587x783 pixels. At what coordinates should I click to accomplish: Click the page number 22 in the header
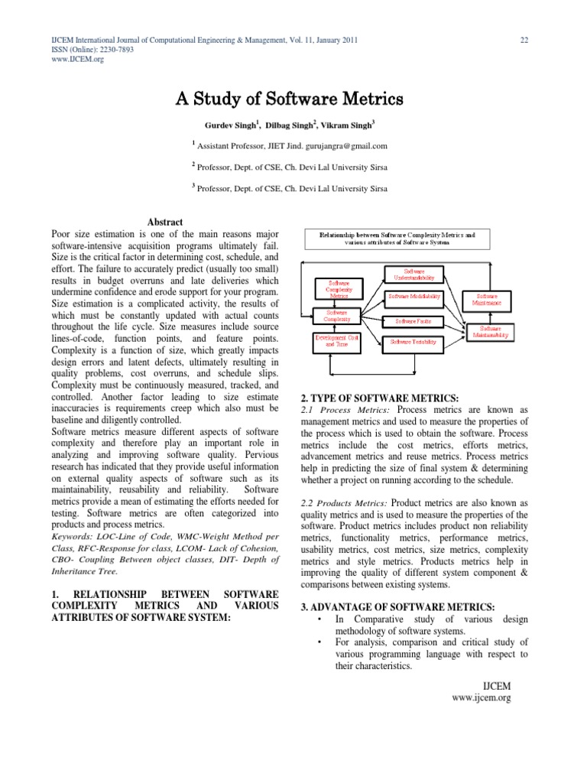[x=525, y=39]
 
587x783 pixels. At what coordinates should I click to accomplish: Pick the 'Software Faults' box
[x=413, y=321]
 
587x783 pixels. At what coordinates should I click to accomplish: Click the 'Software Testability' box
[x=413, y=342]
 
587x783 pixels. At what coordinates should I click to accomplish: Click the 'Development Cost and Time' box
[x=337, y=340]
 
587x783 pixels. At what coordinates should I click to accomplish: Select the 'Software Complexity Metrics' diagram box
[x=337, y=289]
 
